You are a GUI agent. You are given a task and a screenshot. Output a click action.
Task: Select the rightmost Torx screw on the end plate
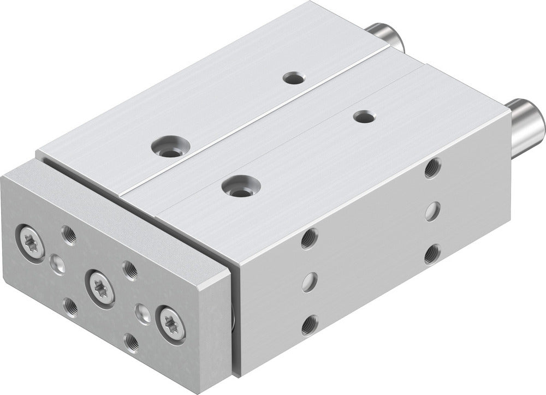[x=171, y=324]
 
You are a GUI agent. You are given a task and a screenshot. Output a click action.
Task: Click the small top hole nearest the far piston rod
[x=294, y=78]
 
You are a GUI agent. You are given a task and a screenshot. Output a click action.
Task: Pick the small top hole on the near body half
[x=364, y=116]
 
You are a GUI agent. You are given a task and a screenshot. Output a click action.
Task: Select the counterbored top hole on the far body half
[x=170, y=147]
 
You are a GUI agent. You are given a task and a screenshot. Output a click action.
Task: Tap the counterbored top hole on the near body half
[x=241, y=185]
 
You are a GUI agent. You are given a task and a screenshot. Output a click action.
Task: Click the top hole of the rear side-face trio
[x=432, y=167]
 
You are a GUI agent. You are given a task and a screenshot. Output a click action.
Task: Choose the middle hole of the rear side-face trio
[x=432, y=211]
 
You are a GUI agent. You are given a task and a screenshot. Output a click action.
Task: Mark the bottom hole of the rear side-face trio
[x=432, y=253]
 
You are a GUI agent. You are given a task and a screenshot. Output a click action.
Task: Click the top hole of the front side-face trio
[x=309, y=238]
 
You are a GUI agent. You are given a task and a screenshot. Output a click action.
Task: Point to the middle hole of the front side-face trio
[x=310, y=282]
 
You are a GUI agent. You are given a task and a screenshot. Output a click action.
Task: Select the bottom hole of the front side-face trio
[x=310, y=325]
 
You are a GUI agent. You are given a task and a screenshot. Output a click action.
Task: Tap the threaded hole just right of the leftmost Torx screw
[x=69, y=235]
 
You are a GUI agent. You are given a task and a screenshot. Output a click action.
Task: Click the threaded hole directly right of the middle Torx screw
[x=130, y=270]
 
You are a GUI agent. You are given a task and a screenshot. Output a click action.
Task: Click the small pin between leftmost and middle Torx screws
[x=57, y=265]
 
